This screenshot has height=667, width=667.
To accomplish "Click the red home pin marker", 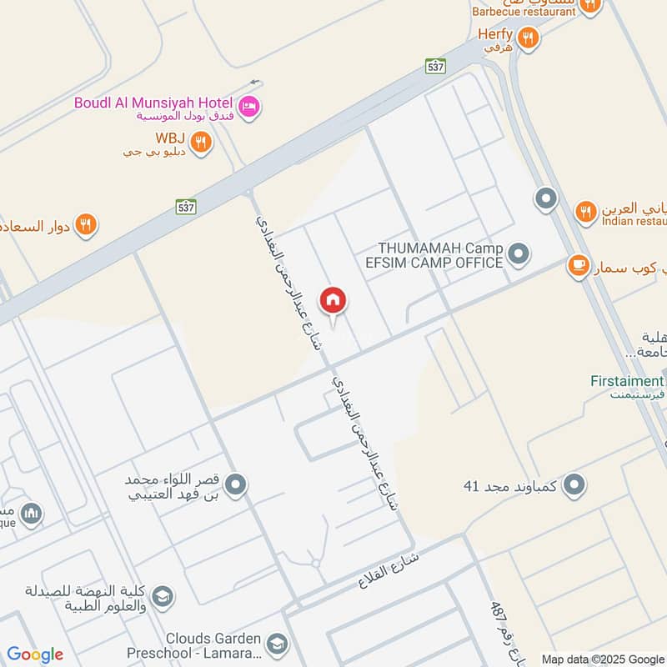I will coord(333,301).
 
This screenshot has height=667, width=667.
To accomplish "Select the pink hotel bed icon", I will coord(248,107).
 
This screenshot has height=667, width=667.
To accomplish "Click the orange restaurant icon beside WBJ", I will coord(200,142).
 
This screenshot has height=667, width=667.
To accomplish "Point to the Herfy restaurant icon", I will coord(527,38).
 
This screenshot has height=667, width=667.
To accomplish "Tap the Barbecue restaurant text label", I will coord(524,12).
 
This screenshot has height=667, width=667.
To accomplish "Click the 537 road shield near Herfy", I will coord(434,67).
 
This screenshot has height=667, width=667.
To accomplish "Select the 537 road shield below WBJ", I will coord(185,205).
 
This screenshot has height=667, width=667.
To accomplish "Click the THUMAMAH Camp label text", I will coord(440,248).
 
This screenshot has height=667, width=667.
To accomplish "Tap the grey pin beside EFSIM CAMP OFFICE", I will coord(519,253).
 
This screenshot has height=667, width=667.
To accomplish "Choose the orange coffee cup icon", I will coord(577,266).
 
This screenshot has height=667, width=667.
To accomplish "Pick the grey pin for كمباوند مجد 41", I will coord(574,484).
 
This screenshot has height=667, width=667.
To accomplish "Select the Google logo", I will coord(35,654).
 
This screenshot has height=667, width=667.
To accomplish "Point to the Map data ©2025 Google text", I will coord(602,659).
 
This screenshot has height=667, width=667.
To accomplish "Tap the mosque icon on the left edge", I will coord(32,514).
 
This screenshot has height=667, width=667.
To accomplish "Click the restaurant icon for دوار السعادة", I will coord(86,224).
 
